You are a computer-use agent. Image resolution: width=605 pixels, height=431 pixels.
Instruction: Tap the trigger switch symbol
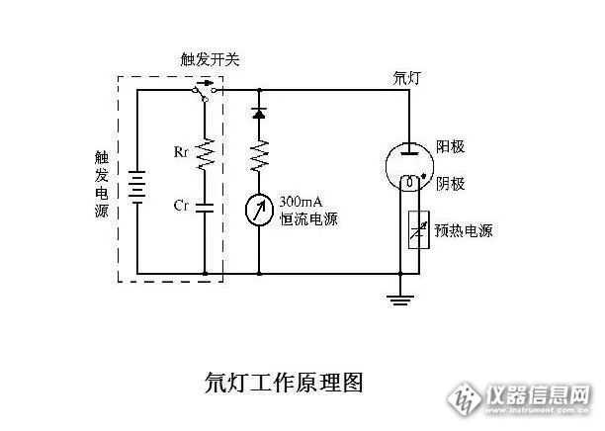(206, 92)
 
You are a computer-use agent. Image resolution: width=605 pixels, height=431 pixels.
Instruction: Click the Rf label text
(181, 153)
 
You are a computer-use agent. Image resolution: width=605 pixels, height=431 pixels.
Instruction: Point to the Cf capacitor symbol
(206, 208)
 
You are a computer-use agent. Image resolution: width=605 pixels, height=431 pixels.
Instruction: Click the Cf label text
(181, 206)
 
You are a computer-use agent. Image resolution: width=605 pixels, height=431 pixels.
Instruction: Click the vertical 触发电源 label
(101, 185)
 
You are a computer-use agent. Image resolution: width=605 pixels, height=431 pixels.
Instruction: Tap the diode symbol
(259, 112)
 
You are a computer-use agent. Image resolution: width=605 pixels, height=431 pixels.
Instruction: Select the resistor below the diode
(259, 153)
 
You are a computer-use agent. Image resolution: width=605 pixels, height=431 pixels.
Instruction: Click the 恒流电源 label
(308, 218)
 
